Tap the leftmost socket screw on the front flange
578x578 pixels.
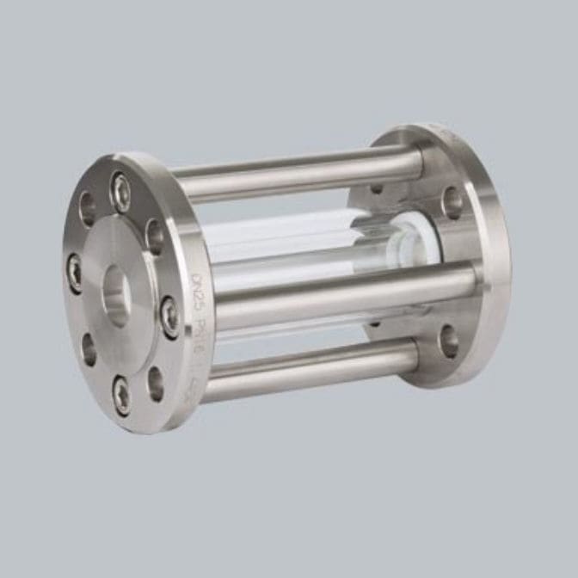pyautogui.click(x=75, y=274)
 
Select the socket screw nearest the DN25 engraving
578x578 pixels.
pyautogui.click(x=169, y=317)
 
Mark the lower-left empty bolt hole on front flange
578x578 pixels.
pyautogui.click(x=89, y=348)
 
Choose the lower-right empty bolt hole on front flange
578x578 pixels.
pyautogui.click(x=155, y=382)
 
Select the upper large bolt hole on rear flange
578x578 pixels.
pyautogui.click(x=453, y=201)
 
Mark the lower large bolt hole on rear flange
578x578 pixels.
pyautogui.click(x=449, y=339)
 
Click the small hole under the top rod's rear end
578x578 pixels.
pyautogui.click(x=377, y=188)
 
